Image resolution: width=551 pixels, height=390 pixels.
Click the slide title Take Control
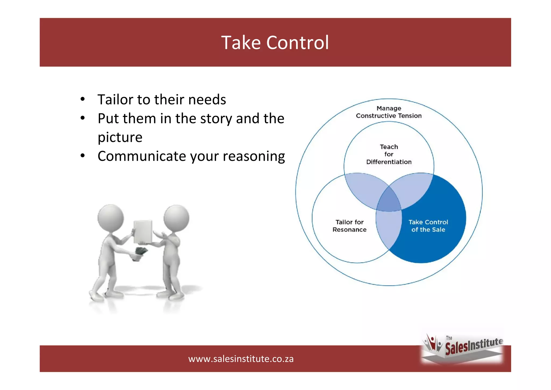click(275, 43)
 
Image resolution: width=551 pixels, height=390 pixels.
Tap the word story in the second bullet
click(216, 119)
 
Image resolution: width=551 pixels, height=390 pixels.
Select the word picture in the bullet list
click(120, 138)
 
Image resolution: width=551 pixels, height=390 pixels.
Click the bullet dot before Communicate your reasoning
click(83, 156)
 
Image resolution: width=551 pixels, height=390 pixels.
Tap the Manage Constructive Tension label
click(389, 112)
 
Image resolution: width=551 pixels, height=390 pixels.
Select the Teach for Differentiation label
click(389, 154)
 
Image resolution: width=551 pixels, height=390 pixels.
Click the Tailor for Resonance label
click(349, 226)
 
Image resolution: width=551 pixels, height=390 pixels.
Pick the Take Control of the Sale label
click(428, 226)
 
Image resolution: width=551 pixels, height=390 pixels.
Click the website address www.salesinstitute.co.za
click(241, 359)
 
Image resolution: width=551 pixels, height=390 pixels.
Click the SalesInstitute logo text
click(474, 346)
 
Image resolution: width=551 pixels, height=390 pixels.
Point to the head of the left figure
click(111, 217)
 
